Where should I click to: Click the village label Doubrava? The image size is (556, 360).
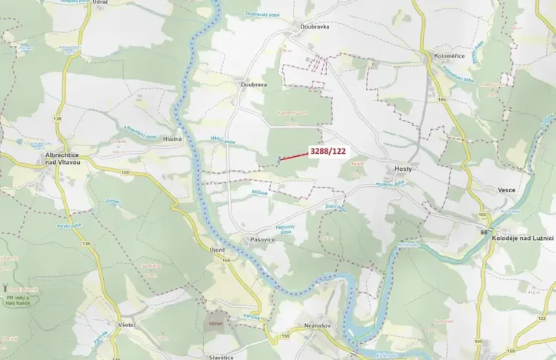click(x=253, y=85)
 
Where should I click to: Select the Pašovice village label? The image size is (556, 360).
click(x=262, y=240)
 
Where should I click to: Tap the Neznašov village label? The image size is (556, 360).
click(x=316, y=326)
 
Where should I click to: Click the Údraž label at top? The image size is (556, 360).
click(x=99, y=3)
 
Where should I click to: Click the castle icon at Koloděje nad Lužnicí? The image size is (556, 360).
click(x=485, y=231)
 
